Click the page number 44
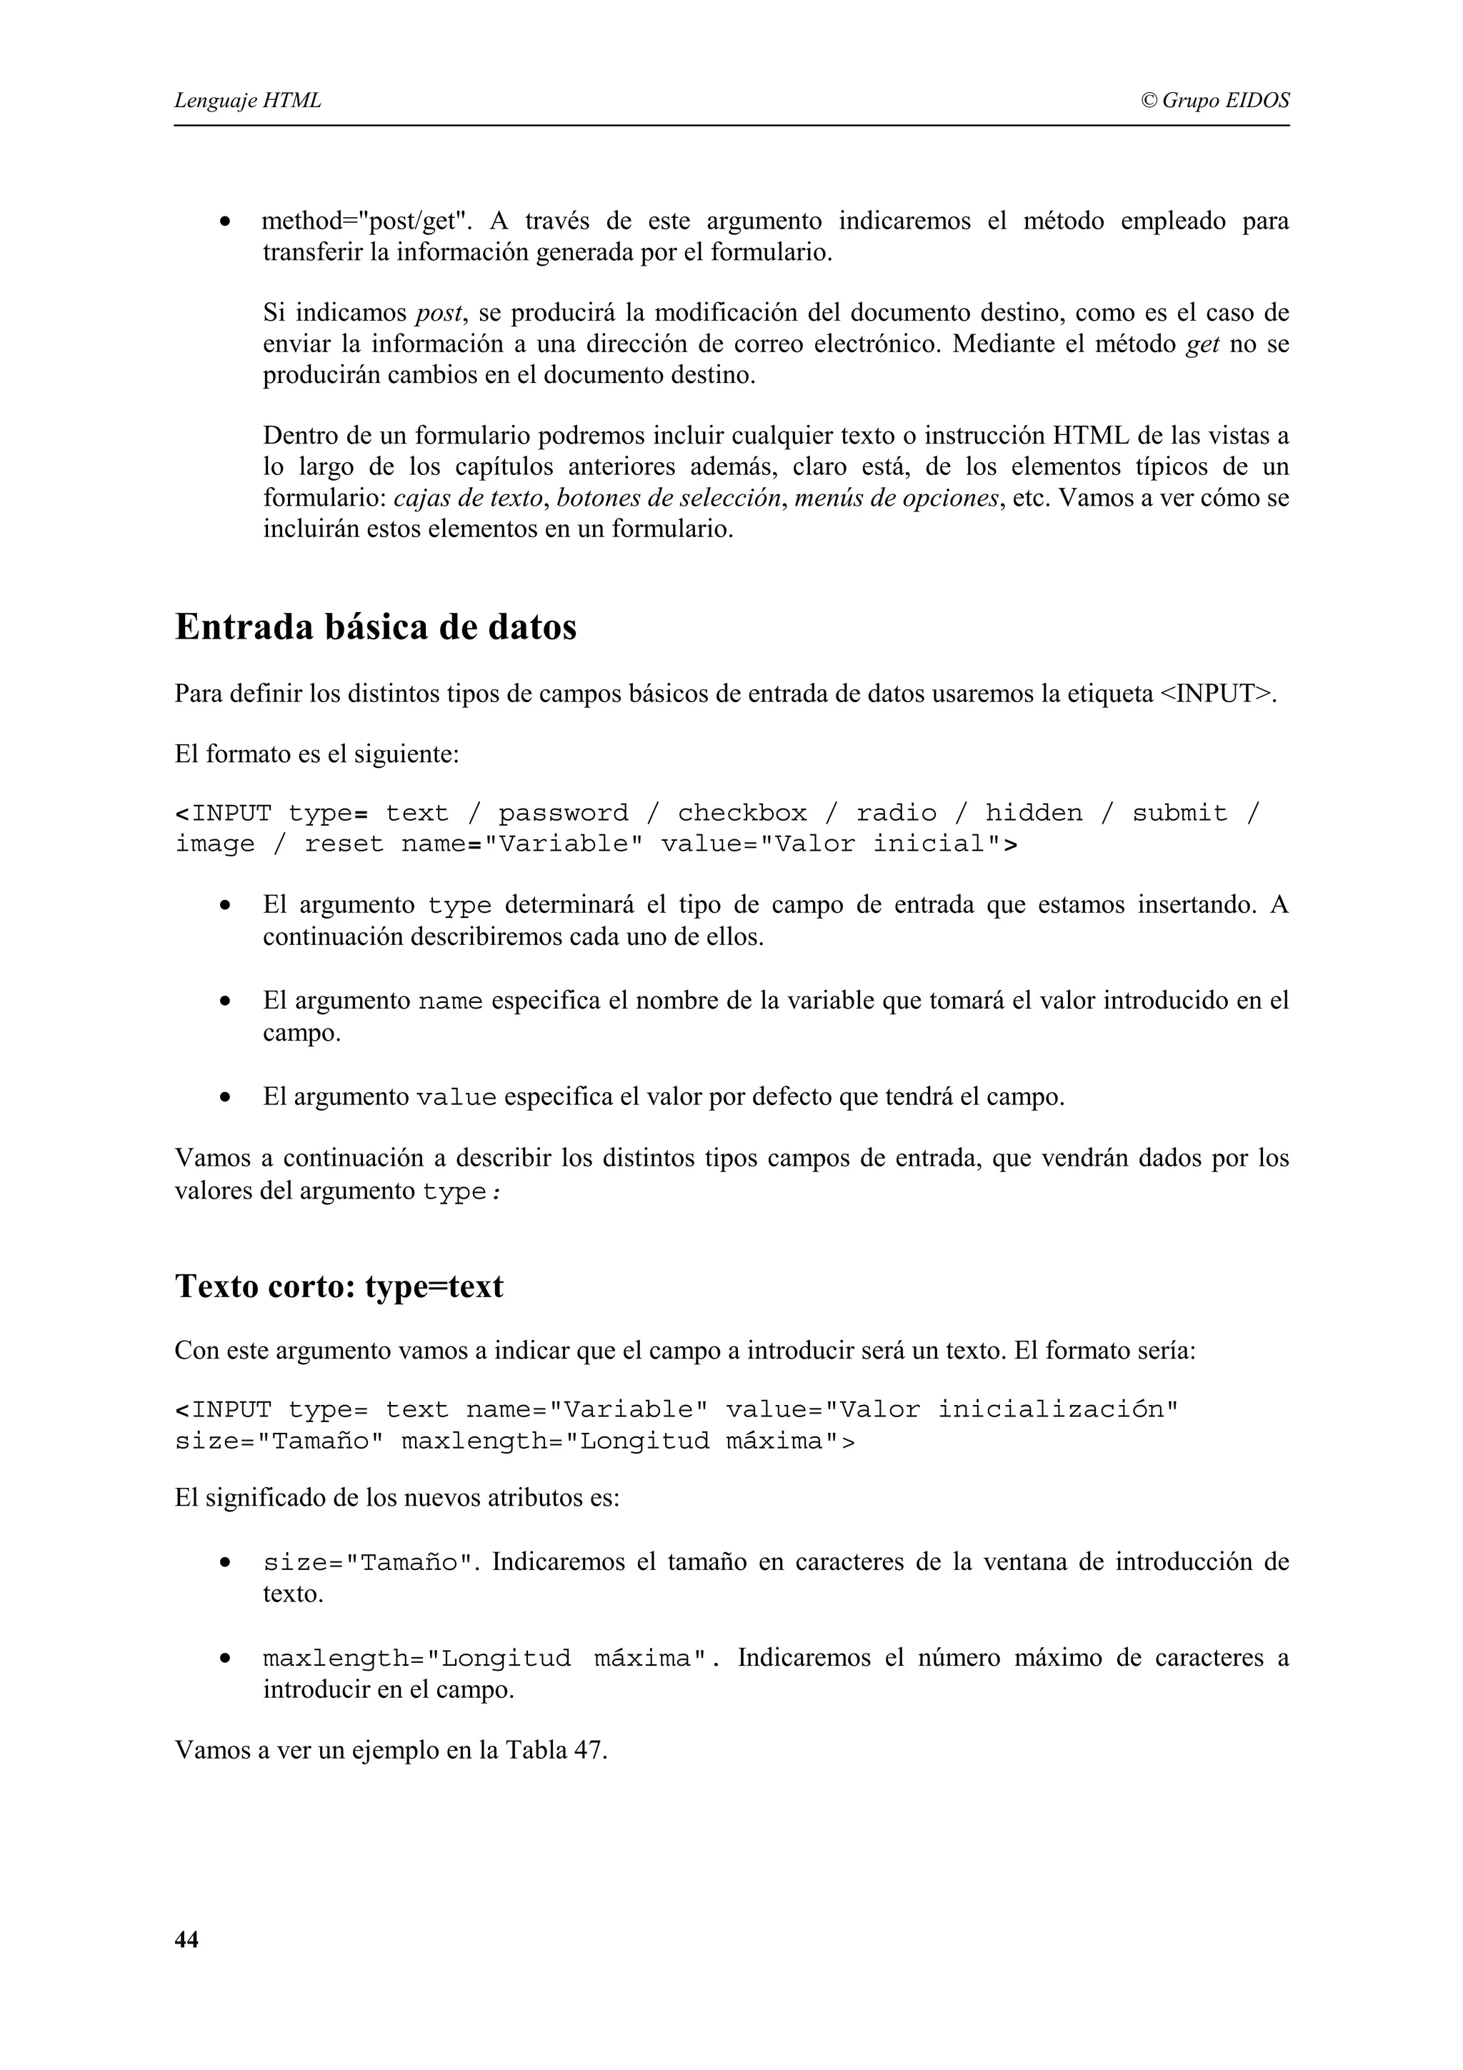tap(186, 1939)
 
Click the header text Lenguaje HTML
tap(248, 100)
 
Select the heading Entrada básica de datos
tap(375, 627)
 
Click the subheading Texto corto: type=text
tap(339, 1286)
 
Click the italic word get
tap(1202, 344)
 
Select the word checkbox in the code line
tap(742, 813)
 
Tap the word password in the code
tap(564, 813)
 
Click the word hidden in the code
tap(1033, 813)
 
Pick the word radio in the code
tap(896, 813)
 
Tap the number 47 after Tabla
tap(589, 1750)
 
